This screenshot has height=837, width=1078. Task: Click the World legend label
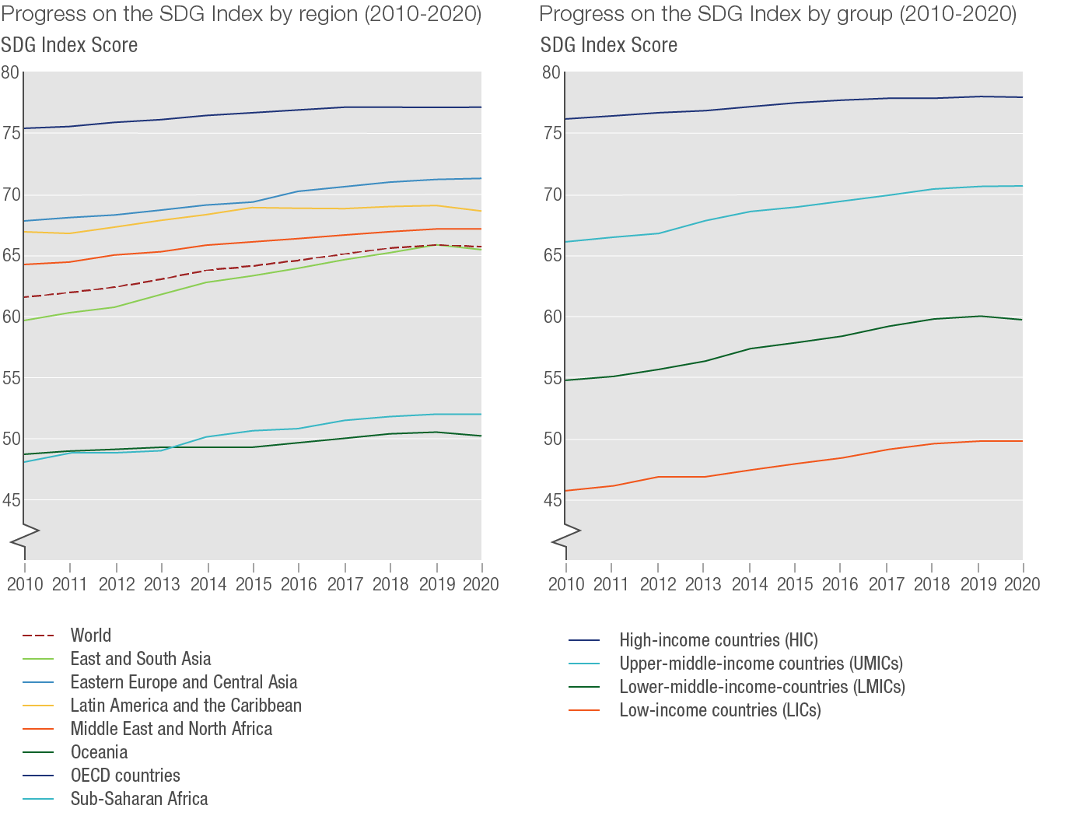tap(90, 636)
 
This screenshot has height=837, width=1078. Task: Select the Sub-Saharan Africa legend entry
tap(139, 799)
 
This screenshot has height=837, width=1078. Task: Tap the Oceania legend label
tap(99, 752)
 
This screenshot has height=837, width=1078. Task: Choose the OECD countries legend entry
tap(125, 776)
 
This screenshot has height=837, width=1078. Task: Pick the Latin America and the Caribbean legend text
tap(186, 706)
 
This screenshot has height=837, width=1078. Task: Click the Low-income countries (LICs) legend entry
tap(719, 710)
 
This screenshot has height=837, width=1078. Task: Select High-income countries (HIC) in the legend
tap(718, 640)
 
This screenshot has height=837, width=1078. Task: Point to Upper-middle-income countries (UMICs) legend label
tap(761, 664)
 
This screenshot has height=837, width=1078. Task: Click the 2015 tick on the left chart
tap(254, 583)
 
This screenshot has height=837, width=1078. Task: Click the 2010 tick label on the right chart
tap(566, 583)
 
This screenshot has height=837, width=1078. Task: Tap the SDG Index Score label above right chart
tap(609, 45)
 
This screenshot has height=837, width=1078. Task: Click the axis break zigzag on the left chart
tap(26, 537)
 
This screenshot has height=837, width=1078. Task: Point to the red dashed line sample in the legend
tap(38, 636)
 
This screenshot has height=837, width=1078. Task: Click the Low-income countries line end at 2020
tap(1022, 441)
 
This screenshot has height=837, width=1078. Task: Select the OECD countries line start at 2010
tap(25, 128)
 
